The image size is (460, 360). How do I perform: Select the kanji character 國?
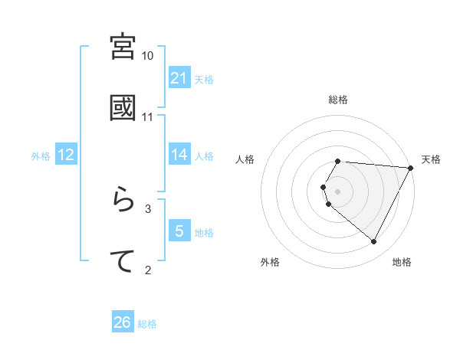pos(123,108)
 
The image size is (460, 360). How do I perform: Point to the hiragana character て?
pos(123,261)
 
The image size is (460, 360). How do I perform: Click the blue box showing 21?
pos(179,78)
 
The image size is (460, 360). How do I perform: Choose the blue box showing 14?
pos(179,155)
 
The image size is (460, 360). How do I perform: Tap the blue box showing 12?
pos(66,155)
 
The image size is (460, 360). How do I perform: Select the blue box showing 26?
pos(123,322)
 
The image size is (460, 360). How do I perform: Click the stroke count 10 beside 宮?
pos(148,56)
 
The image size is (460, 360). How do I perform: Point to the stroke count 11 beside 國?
pos(148,117)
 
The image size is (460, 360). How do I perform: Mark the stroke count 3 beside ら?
pos(148,208)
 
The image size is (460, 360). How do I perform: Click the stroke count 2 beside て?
pos(148,269)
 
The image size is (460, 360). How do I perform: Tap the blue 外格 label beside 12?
pos(41,155)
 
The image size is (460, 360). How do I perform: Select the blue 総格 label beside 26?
pos(147,324)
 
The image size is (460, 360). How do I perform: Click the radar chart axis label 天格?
pos(431,159)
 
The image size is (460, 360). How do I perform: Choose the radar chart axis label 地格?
pos(402,262)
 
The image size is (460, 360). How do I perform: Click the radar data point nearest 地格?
pos(374,242)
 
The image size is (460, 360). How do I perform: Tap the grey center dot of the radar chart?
pos(338,191)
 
